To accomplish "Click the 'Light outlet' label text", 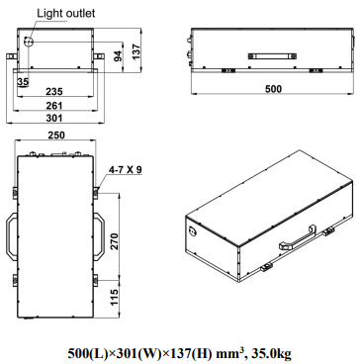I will (x=66, y=13).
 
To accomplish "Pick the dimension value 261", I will (x=54, y=105).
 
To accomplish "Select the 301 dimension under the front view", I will (x=54, y=120).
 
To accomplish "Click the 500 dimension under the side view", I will (x=270, y=89).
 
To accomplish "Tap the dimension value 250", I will (x=54, y=135).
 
